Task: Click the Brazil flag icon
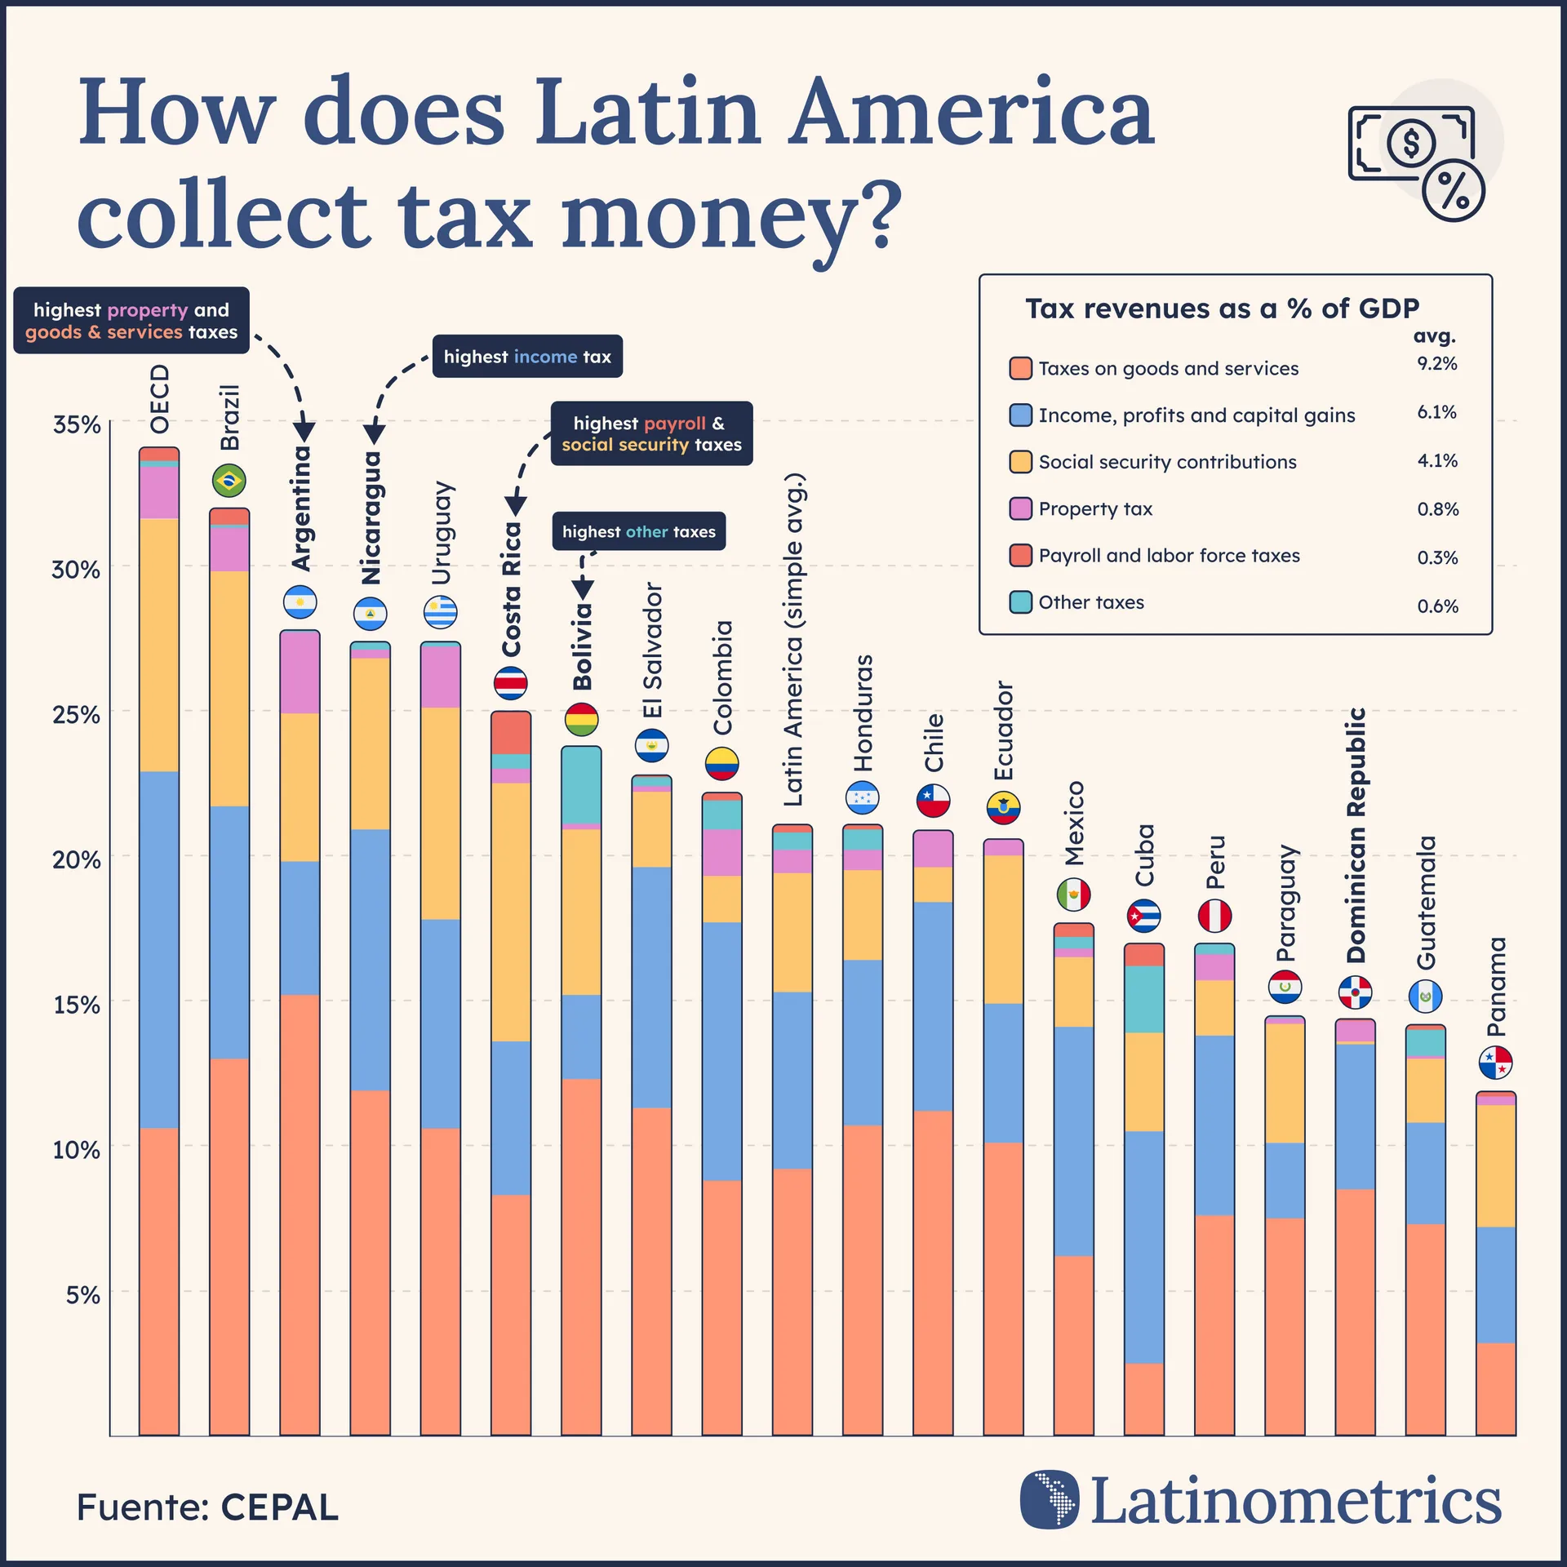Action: click(229, 480)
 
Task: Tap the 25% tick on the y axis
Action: click(76, 715)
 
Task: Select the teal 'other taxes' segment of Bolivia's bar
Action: click(581, 785)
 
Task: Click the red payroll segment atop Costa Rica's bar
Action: click(511, 732)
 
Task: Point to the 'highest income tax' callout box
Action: click(527, 357)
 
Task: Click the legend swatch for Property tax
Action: click(1020, 509)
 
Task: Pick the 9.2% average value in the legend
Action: click(1436, 364)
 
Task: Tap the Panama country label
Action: click(1496, 987)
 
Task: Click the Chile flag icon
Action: click(933, 801)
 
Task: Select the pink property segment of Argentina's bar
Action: click(300, 673)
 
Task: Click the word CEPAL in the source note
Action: click(279, 1507)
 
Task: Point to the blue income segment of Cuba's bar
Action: click(1143, 1246)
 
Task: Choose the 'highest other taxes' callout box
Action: click(638, 531)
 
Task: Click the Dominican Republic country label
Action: click(1356, 835)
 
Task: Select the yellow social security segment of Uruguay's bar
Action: click(441, 813)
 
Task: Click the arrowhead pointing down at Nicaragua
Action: click(374, 433)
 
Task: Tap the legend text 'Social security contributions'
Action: click(1167, 462)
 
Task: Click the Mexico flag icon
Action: click(1073, 895)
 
